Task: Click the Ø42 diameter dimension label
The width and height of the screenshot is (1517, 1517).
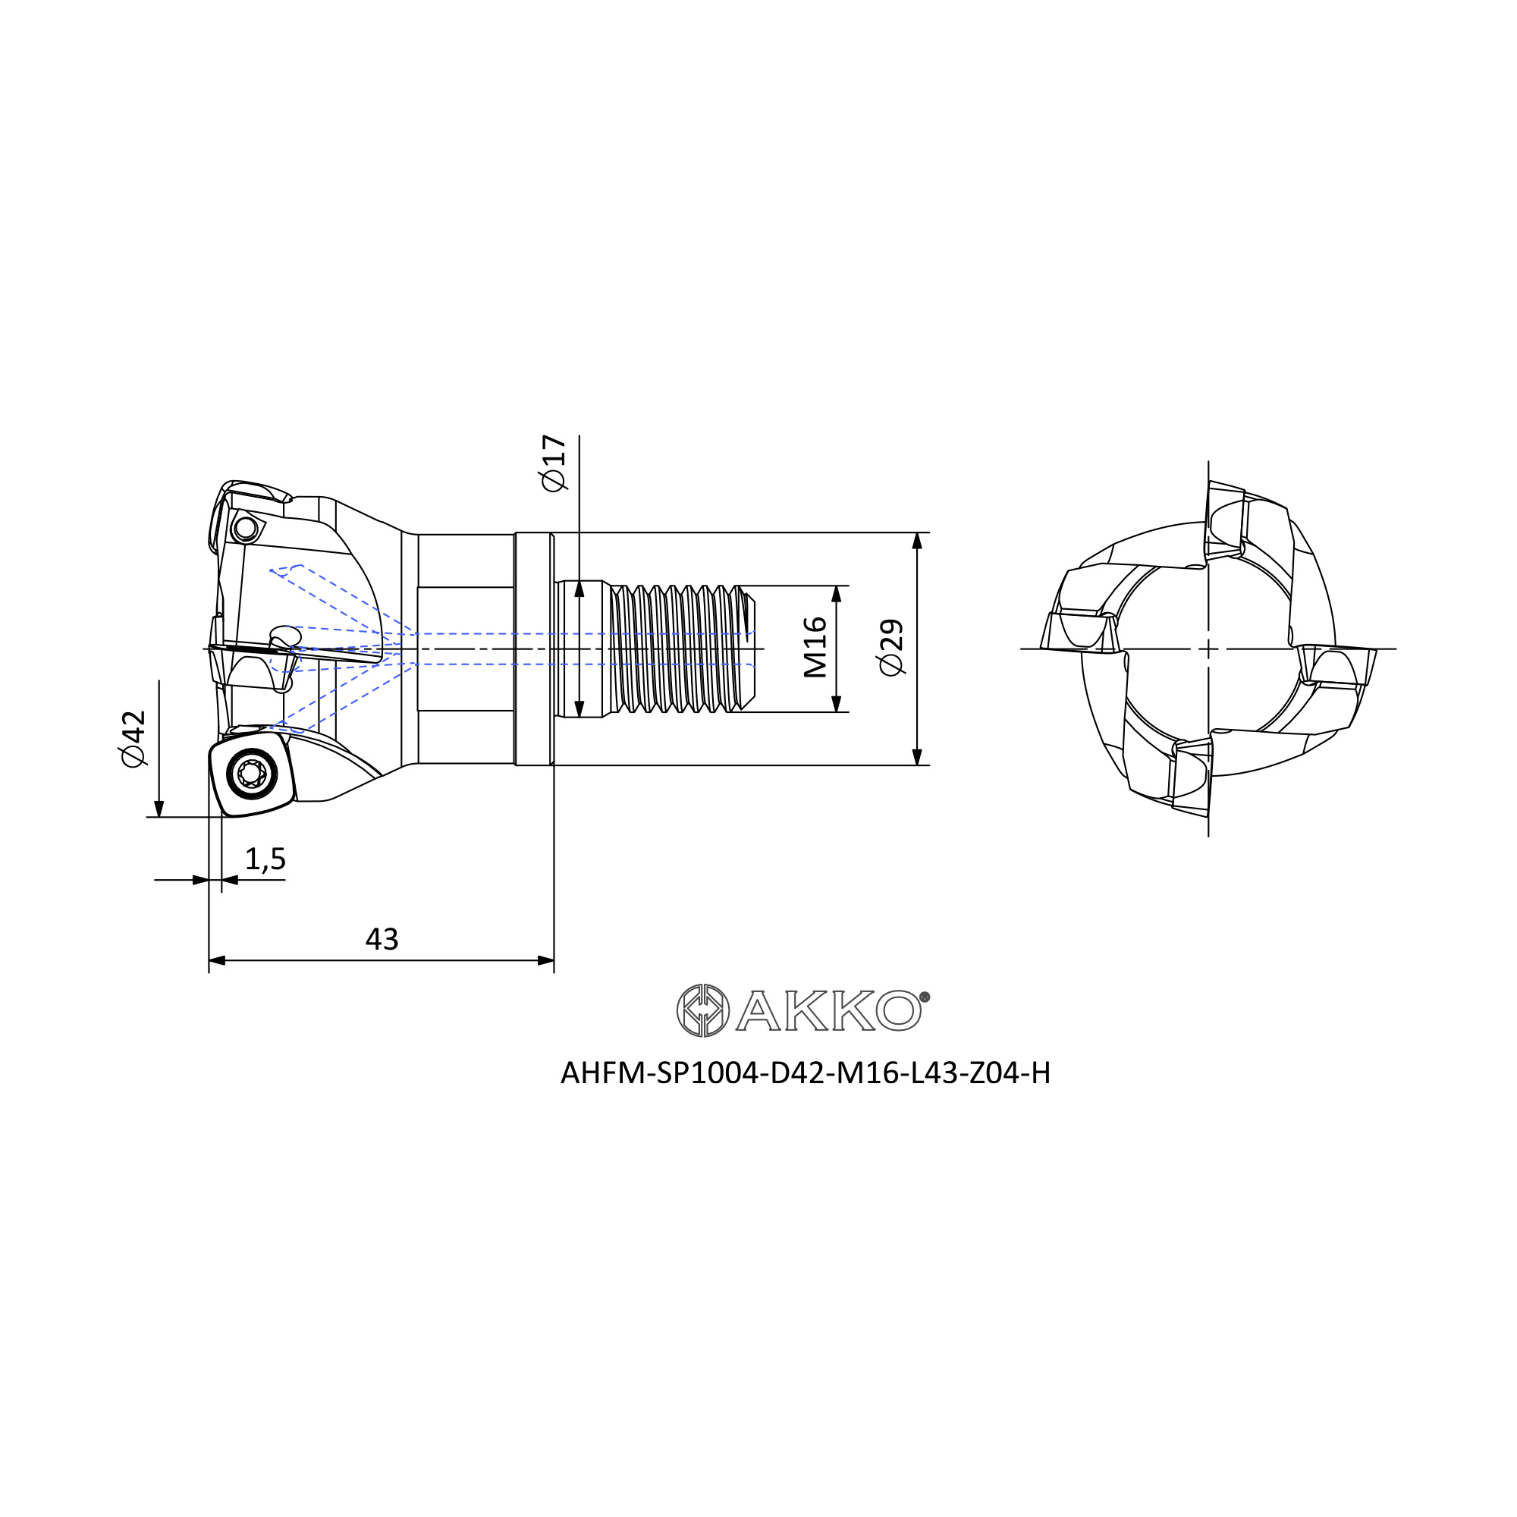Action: point(133,738)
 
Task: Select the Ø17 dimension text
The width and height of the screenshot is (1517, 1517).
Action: point(554,463)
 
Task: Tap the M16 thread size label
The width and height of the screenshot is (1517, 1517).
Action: point(815,648)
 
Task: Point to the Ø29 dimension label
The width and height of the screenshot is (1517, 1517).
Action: point(891,647)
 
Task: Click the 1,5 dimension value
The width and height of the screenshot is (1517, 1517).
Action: point(265,860)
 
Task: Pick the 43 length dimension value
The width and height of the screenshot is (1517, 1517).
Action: point(382,939)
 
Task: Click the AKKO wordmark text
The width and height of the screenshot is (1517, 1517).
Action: point(828,1010)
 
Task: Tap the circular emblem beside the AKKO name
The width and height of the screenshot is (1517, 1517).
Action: point(703,1010)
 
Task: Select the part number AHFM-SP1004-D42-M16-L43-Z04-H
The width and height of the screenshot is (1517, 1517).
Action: point(806,1073)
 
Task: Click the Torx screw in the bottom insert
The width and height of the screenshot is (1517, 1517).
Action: point(251,774)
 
